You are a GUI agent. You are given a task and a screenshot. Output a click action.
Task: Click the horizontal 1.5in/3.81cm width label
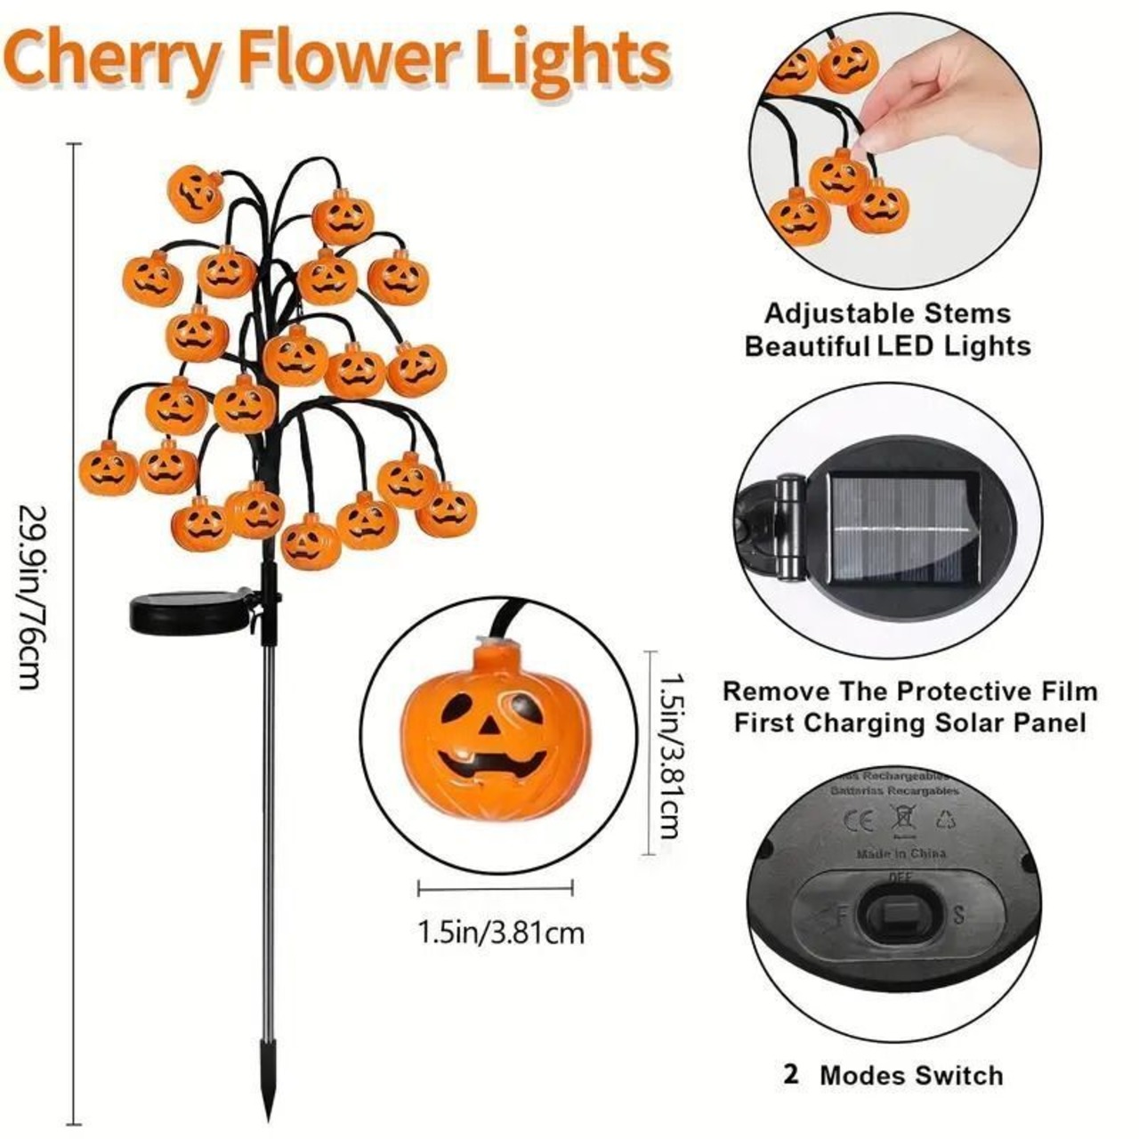point(501,933)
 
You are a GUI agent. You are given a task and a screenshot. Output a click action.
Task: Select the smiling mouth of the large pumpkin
point(492,763)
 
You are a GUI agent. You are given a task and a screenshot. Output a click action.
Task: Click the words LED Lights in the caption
point(953,346)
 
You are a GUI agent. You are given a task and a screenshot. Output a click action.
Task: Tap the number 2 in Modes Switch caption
point(791,1075)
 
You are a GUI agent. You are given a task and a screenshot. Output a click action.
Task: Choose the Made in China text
point(901,854)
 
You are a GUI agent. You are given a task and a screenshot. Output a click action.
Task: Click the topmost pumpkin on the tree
point(196,191)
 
